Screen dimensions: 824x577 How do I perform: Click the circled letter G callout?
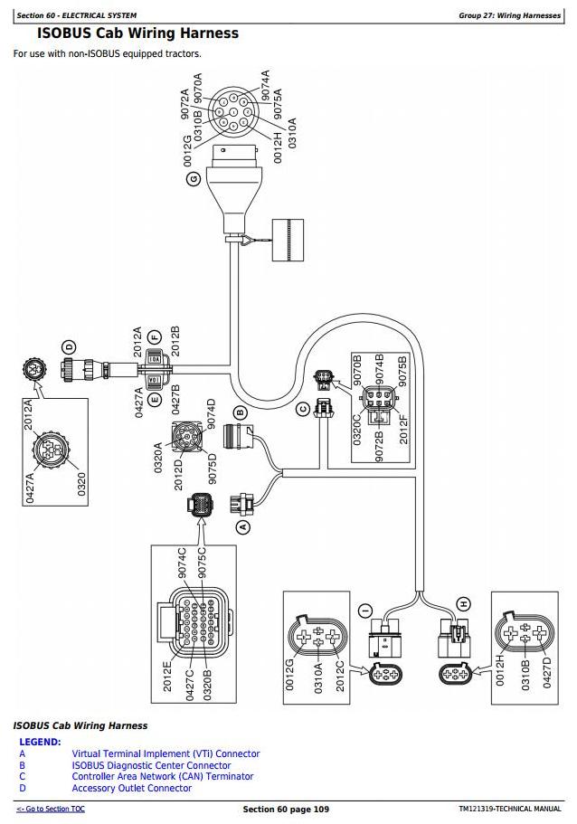click(x=193, y=179)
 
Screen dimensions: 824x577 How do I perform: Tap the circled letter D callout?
click(x=69, y=346)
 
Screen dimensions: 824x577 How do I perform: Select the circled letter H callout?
click(x=463, y=603)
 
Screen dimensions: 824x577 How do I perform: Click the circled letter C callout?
click(x=303, y=410)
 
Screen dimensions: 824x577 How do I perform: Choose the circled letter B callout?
click(x=240, y=412)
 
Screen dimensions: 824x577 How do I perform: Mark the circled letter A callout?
click(x=241, y=526)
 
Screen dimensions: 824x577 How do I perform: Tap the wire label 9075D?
click(x=212, y=467)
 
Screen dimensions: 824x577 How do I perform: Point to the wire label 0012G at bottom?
click(x=290, y=674)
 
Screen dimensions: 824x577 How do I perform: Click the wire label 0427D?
click(x=548, y=674)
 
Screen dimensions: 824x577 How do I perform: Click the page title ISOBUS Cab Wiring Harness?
click(x=137, y=33)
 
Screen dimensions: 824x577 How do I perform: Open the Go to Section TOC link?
click(x=51, y=809)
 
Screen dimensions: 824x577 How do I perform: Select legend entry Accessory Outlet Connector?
click(x=132, y=788)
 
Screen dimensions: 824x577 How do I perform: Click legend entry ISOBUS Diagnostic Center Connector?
click(x=151, y=765)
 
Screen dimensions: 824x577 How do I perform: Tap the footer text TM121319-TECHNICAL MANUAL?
click(x=509, y=809)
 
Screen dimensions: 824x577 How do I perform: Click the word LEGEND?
click(x=40, y=742)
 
